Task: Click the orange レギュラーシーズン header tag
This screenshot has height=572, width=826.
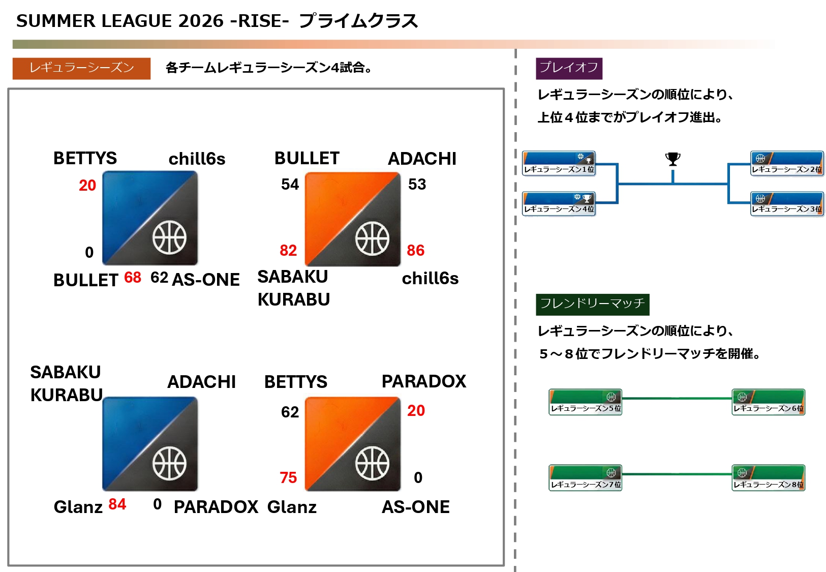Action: pyautogui.click(x=81, y=68)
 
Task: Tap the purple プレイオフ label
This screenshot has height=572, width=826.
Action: pyautogui.click(x=569, y=68)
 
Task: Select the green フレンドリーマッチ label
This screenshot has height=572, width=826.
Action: pyautogui.click(x=592, y=304)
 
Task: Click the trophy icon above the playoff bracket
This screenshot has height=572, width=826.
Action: pyautogui.click(x=672, y=159)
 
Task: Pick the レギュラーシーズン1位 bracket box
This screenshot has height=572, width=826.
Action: pyautogui.click(x=559, y=163)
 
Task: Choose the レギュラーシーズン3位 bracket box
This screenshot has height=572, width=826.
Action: pyautogui.click(x=787, y=203)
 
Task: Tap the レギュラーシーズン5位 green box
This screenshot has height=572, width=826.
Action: pyautogui.click(x=586, y=402)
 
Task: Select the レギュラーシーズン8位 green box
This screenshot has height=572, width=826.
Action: pyautogui.click(x=768, y=478)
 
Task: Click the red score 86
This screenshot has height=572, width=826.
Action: pyautogui.click(x=415, y=250)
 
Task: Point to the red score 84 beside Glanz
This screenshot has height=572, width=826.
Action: pyautogui.click(x=117, y=504)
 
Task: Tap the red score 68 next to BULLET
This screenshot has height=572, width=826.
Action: pyautogui.click(x=132, y=277)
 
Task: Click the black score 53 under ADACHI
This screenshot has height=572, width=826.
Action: pyautogui.click(x=417, y=184)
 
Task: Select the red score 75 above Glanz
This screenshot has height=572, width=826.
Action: pyautogui.click(x=288, y=477)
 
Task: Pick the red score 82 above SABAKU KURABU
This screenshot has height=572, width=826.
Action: pyautogui.click(x=288, y=250)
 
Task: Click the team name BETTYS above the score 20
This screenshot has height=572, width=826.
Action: pyautogui.click(x=85, y=158)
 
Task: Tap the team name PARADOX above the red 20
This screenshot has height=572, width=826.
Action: pyautogui.click(x=423, y=381)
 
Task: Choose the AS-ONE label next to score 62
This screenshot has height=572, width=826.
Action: pyautogui.click(x=206, y=280)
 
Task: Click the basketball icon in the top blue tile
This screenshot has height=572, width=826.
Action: pyautogui.click(x=169, y=237)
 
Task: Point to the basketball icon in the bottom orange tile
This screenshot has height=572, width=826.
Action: pyautogui.click(x=372, y=463)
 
